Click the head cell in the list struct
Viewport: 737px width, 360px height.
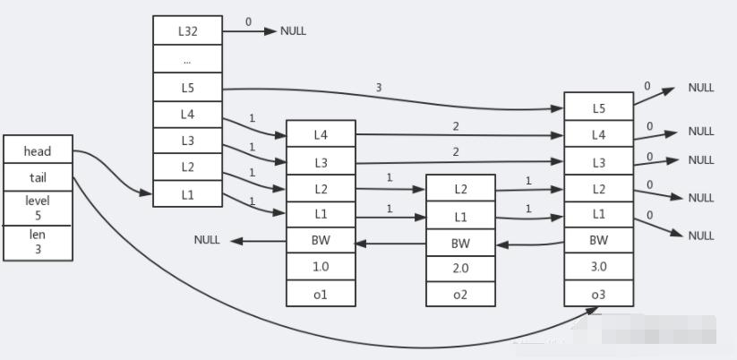coord(38,151)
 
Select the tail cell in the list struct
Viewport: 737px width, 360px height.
coord(38,177)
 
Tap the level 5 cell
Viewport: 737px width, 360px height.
coord(38,207)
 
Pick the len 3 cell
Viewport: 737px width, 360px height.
coord(38,242)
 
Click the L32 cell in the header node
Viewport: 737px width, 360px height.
coord(187,30)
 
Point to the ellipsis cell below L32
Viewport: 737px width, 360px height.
coord(187,59)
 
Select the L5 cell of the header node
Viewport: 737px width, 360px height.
coord(187,88)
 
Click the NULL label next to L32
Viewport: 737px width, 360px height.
coord(293,30)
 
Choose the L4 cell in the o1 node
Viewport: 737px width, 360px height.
coord(321,134)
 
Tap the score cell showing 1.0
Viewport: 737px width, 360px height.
coord(321,267)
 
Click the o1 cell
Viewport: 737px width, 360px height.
coord(321,293)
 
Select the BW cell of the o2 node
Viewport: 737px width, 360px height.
coord(460,243)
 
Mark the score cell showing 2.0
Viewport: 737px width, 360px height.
coord(460,268)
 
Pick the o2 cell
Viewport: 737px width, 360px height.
coord(460,294)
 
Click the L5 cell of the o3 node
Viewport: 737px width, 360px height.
coord(598,107)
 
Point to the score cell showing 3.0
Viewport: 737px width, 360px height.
coord(598,267)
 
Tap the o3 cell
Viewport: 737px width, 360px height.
coord(598,293)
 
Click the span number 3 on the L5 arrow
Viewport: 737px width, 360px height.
coord(380,88)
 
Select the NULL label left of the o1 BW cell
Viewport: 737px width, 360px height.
coord(207,240)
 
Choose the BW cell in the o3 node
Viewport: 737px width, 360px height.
coord(598,240)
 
